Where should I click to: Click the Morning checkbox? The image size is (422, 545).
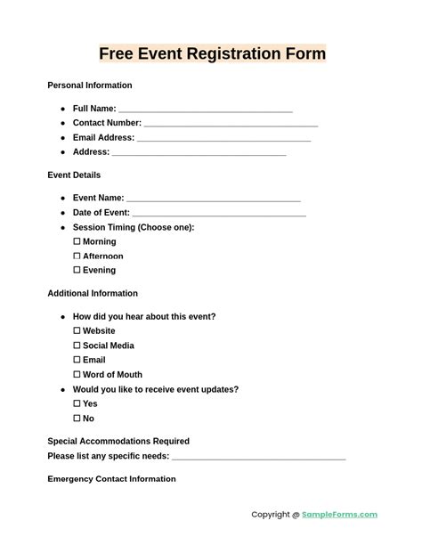pyautogui.click(x=77, y=241)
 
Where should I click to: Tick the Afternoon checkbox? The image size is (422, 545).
pyautogui.click(x=77, y=256)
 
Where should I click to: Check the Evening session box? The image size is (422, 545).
pyautogui.click(x=77, y=270)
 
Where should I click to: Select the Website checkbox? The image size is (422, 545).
pyautogui.click(x=77, y=330)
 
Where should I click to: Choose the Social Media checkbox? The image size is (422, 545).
pyautogui.click(x=77, y=346)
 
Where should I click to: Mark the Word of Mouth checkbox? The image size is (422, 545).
pyautogui.click(x=77, y=374)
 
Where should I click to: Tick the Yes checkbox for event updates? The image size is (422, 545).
pyautogui.click(x=77, y=403)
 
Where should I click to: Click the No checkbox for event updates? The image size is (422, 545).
pyautogui.click(x=77, y=418)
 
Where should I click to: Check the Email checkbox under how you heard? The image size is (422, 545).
pyautogui.click(x=77, y=360)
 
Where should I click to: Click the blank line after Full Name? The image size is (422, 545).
pyautogui.click(x=206, y=110)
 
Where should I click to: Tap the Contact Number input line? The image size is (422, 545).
pyautogui.click(x=231, y=125)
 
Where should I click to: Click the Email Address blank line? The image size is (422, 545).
pyautogui.click(x=223, y=139)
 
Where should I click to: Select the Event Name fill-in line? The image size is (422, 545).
pyautogui.click(x=214, y=199)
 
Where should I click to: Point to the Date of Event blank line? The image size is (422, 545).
pyautogui.click(x=219, y=214)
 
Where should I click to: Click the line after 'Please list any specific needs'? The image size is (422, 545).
pyautogui.click(x=258, y=458)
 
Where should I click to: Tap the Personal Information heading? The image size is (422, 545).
pyautogui.click(x=90, y=85)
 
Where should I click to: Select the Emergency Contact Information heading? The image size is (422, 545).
pyautogui.click(x=111, y=479)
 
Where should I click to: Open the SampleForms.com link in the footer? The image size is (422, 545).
pyautogui.click(x=340, y=515)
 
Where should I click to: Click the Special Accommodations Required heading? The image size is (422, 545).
pyautogui.click(x=118, y=441)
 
